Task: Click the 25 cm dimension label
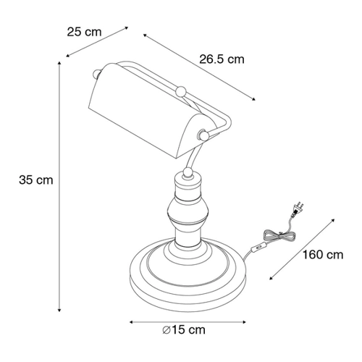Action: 84,32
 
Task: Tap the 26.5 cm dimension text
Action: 222,59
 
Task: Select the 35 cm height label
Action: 36,180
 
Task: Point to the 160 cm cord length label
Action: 323,255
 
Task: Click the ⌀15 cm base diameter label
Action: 184,330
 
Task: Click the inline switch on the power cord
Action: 259,248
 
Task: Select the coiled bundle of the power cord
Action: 279,235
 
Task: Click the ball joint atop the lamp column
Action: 188,173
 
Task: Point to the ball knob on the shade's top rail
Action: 181,91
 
